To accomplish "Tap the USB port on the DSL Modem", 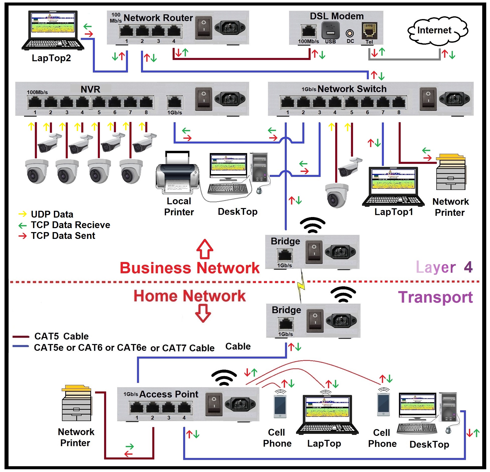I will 330,30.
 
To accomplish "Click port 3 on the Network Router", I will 158,31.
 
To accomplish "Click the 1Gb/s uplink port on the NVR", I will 175,102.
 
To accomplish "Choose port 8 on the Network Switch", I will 398,102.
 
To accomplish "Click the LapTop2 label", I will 51,58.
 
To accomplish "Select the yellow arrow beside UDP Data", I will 23,214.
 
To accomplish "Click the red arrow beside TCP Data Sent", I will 23,236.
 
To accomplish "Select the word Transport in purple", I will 435,297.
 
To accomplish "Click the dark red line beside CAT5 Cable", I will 21,336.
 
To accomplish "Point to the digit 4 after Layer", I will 468,267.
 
